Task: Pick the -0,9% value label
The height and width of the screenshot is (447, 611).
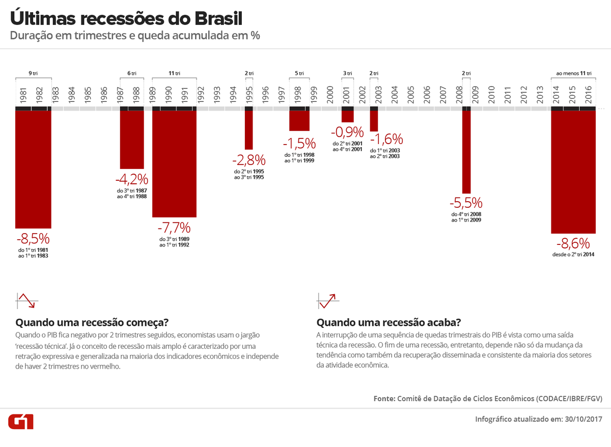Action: (x=347, y=133)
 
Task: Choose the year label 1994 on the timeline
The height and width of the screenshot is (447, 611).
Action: (x=233, y=95)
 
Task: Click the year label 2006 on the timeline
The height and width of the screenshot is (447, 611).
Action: (x=427, y=95)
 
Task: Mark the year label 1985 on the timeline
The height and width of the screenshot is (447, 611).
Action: (x=88, y=95)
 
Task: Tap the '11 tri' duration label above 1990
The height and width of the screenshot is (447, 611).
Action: (x=174, y=73)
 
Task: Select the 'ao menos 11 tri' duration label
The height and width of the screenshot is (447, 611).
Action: (x=574, y=73)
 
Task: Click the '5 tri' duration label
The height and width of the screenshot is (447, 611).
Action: (x=299, y=73)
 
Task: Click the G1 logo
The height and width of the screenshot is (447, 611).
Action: (x=21, y=421)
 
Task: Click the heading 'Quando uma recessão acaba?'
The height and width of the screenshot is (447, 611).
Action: (x=389, y=323)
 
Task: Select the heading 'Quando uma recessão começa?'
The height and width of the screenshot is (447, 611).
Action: (x=92, y=323)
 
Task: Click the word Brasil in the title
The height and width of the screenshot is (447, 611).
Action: (x=218, y=18)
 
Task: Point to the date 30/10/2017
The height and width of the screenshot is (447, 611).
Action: (x=584, y=420)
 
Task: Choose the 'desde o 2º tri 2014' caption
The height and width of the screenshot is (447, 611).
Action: (x=574, y=254)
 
